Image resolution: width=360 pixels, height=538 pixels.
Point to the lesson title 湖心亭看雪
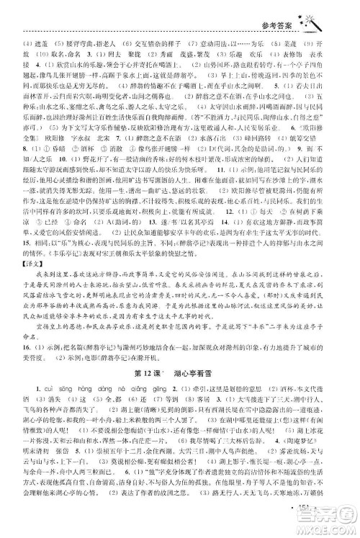pyautogui.click(x=192, y=393)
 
